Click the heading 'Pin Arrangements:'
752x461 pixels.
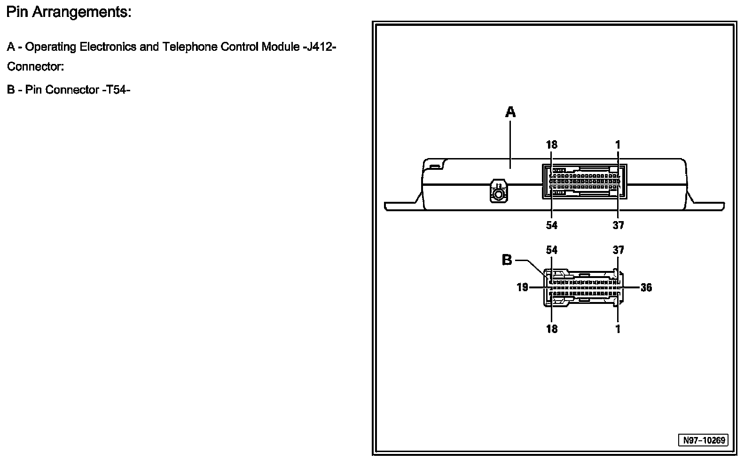click(x=69, y=13)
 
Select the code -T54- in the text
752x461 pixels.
click(x=116, y=90)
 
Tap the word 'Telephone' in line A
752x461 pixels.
click(x=188, y=47)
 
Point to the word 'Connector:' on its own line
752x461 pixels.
click(x=35, y=67)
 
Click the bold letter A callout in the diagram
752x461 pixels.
click(x=510, y=112)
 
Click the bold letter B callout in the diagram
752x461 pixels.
click(x=507, y=260)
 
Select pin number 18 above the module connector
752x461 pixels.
click(x=551, y=145)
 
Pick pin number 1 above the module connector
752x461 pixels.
click(x=618, y=145)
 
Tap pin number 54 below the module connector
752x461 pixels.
click(x=551, y=225)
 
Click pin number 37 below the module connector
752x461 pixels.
click(x=618, y=225)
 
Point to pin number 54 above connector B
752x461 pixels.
click(x=551, y=250)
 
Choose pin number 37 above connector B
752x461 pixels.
click(x=618, y=250)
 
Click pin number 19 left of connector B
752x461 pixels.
click(x=522, y=287)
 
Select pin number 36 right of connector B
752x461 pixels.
click(x=646, y=287)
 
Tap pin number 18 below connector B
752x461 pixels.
click(x=551, y=329)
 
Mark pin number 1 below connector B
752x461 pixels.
click(x=618, y=329)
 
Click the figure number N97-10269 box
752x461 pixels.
click(x=704, y=440)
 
